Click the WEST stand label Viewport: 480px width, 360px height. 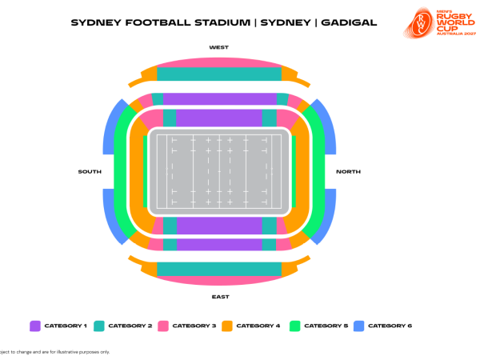coord(218,47)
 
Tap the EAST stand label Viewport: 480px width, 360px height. coord(220,297)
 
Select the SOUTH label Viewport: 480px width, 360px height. coord(90,172)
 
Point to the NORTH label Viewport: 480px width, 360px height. coord(348,172)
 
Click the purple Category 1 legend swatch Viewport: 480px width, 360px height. coord(35,326)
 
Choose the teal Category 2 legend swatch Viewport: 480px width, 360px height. coord(99,326)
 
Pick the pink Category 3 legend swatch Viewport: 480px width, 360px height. coord(163,326)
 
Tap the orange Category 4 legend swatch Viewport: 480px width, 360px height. coord(226,326)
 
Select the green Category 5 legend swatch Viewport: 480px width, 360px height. coord(294,326)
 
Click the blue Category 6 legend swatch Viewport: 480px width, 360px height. coord(359,326)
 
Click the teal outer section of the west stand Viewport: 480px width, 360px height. coord(219,74)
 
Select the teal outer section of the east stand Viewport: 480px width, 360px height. coord(219,270)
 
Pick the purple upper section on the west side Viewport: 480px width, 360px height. coord(219,99)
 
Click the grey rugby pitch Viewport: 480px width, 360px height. coord(219,172)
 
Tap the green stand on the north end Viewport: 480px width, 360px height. coord(318,172)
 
